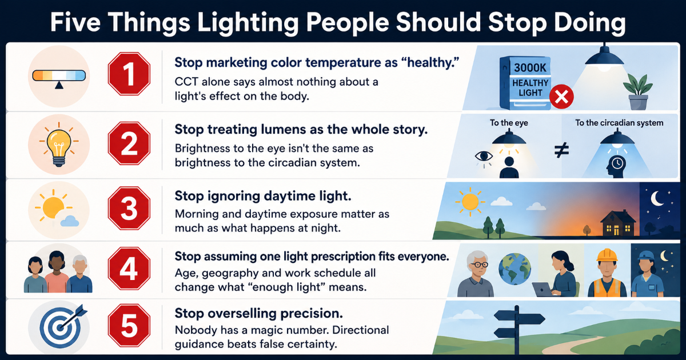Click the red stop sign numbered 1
pyautogui.click(x=129, y=74)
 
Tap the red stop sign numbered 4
pyautogui.click(x=129, y=269)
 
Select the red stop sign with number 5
pyautogui.click(x=129, y=325)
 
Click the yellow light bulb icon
pyautogui.click(x=59, y=145)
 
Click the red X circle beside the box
pyautogui.click(x=561, y=97)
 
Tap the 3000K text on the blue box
pyautogui.click(x=530, y=67)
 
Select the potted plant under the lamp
pyautogui.click(x=638, y=91)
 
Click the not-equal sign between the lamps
pyautogui.click(x=561, y=150)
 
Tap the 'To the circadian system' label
pyautogui.click(x=619, y=123)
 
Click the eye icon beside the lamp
pyautogui.click(x=484, y=157)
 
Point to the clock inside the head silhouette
pyautogui.click(x=617, y=163)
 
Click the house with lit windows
pyautogui.click(x=618, y=223)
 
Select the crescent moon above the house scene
pyautogui.click(x=657, y=199)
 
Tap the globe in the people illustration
pyautogui.click(x=515, y=269)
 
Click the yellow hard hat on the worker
pyautogui.click(x=607, y=255)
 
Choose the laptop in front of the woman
pyautogui.click(x=543, y=289)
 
